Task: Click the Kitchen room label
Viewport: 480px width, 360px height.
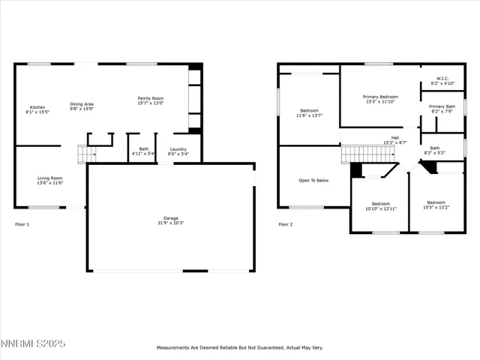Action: [x=37, y=107]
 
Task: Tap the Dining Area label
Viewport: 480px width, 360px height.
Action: [x=82, y=104]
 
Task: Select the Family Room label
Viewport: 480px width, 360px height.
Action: [x=150, y=98]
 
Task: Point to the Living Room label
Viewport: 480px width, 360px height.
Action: [x=50, y=178]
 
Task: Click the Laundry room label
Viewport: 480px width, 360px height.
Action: [x=178, y=149]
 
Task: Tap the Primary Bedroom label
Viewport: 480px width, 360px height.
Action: [x=381, y=97]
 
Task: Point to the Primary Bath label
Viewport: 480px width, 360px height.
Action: [x=442, y=106]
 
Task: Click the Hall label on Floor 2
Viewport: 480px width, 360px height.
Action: [x=394, y=138]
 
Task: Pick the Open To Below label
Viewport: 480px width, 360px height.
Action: [x=313, y=180]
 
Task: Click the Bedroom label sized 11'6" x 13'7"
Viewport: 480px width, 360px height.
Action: [x=310, y=110]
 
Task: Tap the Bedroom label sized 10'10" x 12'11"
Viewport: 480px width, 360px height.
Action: [x=381, y=203]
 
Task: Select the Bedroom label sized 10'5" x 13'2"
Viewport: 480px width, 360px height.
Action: [x=436, y=202]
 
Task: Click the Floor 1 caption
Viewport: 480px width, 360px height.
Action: [x=22, y=224]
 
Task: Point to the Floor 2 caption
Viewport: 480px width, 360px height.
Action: [x=285, y=224]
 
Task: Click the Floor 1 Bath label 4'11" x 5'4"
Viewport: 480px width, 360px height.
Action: [x=142, y=151]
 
